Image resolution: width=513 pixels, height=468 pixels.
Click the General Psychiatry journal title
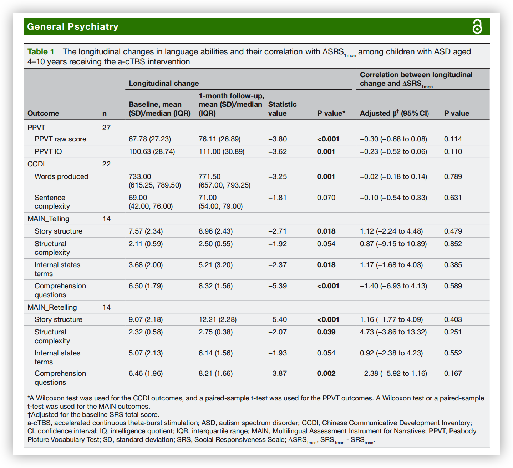coord(73,27)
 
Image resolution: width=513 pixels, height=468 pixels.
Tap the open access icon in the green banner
coord(477,27)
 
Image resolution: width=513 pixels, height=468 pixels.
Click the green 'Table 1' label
coord(41,52)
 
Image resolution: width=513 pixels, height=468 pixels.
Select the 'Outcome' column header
coord(43,113)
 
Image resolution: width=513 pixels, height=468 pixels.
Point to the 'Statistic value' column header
coord(282,109)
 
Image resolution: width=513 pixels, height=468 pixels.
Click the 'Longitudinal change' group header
coord(164,83)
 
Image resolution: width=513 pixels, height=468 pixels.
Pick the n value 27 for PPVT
coord(106,128)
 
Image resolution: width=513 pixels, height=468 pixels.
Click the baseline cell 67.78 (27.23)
coord(150,139)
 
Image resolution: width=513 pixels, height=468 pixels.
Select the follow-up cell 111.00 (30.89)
coord(222,151)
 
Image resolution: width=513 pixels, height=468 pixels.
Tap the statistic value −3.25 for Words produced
coord(278,176)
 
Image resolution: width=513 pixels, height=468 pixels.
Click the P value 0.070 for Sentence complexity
coord(326,198)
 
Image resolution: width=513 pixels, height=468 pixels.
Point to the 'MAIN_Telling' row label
coord(49,219)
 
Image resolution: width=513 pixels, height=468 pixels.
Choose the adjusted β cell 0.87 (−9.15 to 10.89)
coord(393,244)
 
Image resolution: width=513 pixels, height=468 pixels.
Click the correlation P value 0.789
coord(453,176)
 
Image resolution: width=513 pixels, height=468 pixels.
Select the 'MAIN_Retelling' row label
coord(52,307)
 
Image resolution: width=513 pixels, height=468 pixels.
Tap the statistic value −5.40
coord(278,319)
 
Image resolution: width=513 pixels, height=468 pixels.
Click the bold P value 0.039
coord(326,332)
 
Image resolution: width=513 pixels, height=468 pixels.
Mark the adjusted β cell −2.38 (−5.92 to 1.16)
coord(393,373)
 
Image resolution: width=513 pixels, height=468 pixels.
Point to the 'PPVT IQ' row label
coord(48,151)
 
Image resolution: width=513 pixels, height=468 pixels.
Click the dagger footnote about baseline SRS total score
coord(93,414)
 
